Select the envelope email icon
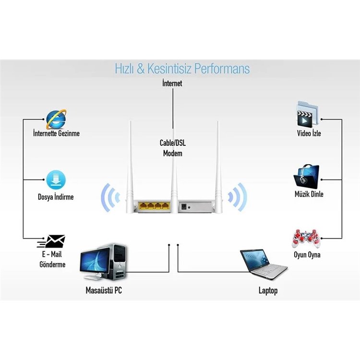pos(55,240)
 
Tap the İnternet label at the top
pos(172,84)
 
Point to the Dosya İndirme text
pos(56,197)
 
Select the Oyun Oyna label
pos(307,255)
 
